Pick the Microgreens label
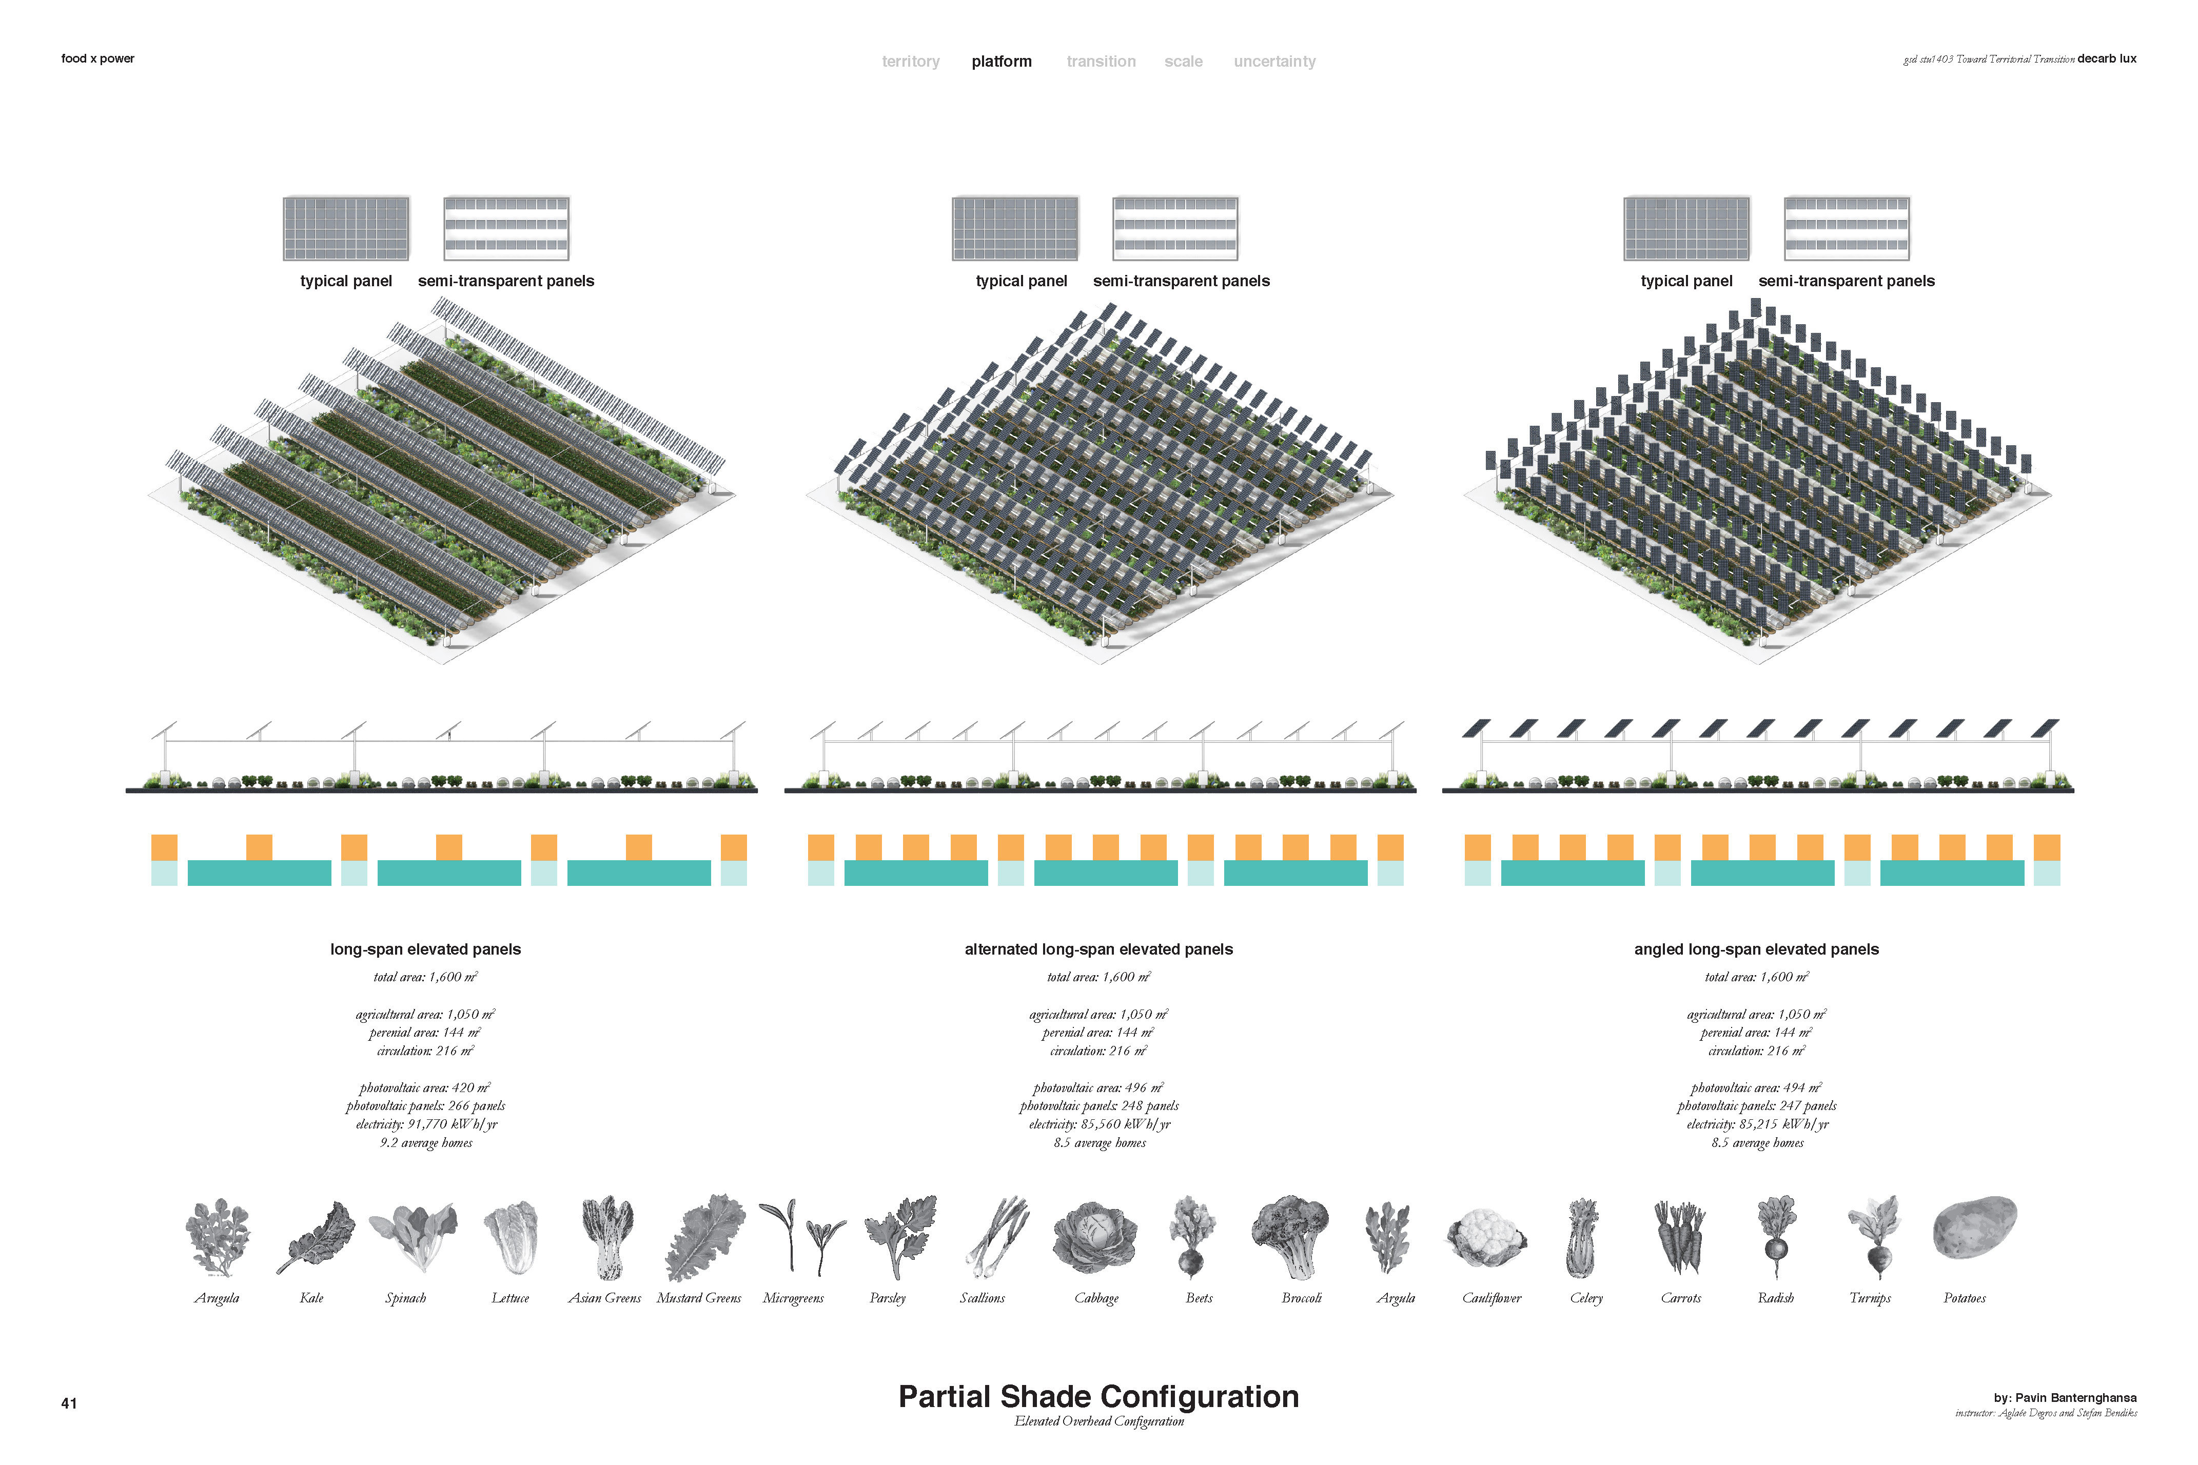click(793, 1298)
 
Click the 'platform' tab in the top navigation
click(1001, 62)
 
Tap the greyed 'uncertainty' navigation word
click(1274, 62)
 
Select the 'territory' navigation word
click(910, 62)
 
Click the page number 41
click(69, 1402)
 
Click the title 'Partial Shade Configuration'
click(1098, 1396)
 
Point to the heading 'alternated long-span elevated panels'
click(1098, 949)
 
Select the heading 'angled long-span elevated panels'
click(1756, 949)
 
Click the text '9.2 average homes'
click(426, 1143)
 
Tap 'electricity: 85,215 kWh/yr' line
click(1757, 1124)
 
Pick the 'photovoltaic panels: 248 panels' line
click(1099, 1106)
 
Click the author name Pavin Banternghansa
click(2075, 1398)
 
